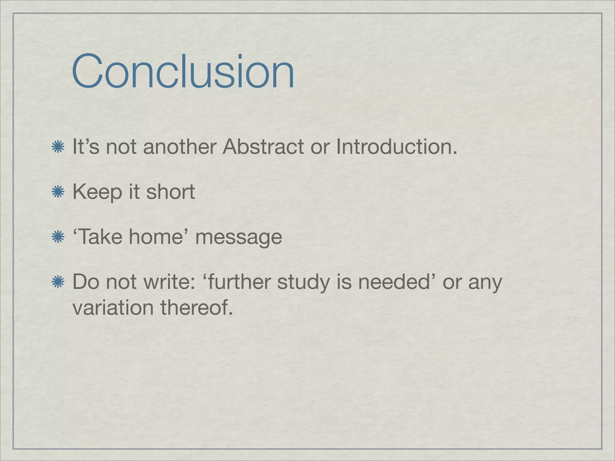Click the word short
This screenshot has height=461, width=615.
[170, 192]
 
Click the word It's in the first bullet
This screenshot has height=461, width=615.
[86, 147]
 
